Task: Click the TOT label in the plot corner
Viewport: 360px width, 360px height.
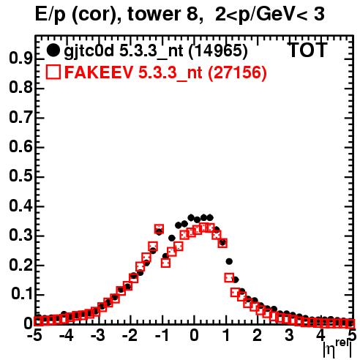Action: pyautogui.click(x=308, y=50)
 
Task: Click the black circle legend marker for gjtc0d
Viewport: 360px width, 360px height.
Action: pyautogui.click(x=53, y=50)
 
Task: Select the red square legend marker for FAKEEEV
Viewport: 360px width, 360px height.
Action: pyautogui.click(x=53, y=72)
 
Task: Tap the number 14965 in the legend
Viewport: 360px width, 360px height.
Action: pyautogui.click(x=218, y=50)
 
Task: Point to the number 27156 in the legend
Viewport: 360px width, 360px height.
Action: pyautogui.click(x=237, y=72)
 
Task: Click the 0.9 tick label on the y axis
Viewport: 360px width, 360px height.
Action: pyautogui.click(x=20, y=59)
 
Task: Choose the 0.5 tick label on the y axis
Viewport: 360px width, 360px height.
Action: pyautogui.click(x=20, y=176)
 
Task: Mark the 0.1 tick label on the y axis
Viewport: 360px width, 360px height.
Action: pyautogui.click(x=22, y=294)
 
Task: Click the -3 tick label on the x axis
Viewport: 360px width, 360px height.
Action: pyautogui.click(x=98, y=335)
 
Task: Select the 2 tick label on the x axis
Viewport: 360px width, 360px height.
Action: pyautogui.click(x=258, y=335)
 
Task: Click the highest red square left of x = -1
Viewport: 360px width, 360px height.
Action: pyautogui.click(x=159, y=230)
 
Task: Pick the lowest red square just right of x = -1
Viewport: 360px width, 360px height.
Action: pyautogui.click(x=165, y=263)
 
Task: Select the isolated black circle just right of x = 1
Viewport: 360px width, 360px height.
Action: pyautogui.click(x=229, y=261)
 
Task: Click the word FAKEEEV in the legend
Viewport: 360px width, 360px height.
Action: pyautogui.click(x=99, y=72)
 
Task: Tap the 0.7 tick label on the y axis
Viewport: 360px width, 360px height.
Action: pyautogui.click(x=20, y=118)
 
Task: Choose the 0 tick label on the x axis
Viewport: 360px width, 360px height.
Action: pyautogui.click(x=194, y=335)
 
